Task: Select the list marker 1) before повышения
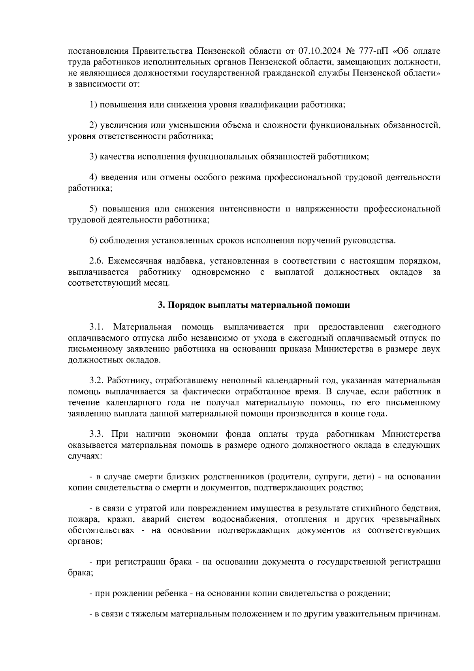coord(93,105)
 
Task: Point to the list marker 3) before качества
coord(93,157)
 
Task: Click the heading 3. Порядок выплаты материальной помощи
coord(254,305)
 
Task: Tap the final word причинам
coord(420,615)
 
